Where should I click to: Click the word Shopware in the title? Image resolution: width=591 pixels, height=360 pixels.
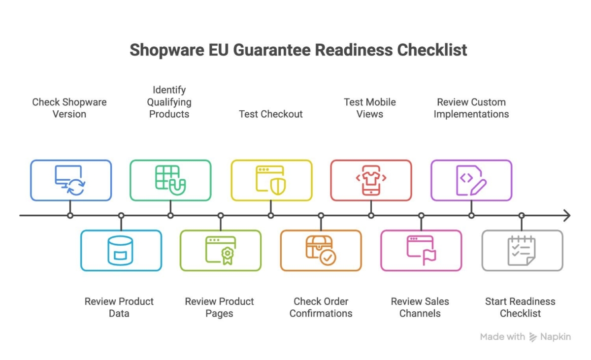(167, 50)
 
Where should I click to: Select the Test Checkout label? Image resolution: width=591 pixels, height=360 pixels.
(271, 114)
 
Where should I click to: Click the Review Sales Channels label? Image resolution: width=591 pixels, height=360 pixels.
(420, 307)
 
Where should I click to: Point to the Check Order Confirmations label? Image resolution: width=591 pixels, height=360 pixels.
(321, 307)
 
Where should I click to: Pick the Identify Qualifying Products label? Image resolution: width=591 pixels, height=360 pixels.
(169, 102)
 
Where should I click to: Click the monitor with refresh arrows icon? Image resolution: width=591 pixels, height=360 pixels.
(70, 180)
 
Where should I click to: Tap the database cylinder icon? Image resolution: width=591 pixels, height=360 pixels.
(120, 251)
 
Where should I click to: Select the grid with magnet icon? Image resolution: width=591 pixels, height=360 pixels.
(170, 180)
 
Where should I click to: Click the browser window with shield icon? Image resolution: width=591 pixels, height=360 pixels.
(271, 180)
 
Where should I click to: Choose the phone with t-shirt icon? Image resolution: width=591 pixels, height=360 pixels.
(371, 180)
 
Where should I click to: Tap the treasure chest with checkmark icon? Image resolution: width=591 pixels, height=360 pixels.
(321, 251)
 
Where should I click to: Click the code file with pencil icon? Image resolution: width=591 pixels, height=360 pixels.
(471, 180)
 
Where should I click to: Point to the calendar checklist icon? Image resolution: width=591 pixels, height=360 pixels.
(522, 251)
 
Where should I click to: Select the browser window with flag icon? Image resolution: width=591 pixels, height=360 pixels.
(421, 251)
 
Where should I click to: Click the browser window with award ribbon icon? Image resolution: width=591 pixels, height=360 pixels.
(221, 251)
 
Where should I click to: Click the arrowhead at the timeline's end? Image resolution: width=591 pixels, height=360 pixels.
(567, 216)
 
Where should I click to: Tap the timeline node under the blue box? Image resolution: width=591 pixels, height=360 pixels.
(70, 216)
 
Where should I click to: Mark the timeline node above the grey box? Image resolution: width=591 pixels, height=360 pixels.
(522, 216)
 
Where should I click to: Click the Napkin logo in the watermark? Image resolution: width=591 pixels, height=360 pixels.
(533, 337)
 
